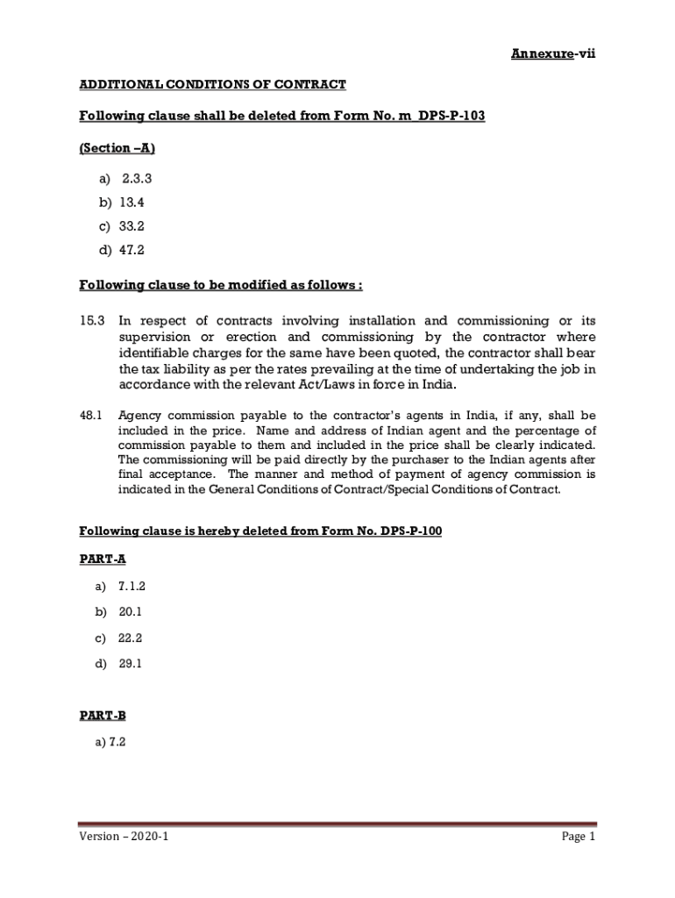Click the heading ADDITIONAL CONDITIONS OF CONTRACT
pyautogui.click(x=213, y=84)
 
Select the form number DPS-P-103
pyautogui.click(x=450, y=117)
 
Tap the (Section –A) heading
pyautogui.click(x=110, y=148)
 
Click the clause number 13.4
pyautogui.click(x=131, y=203)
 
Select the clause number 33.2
pyautogui.click(x=131, y=226)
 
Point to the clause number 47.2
pyautogui.click(x=131, y=250)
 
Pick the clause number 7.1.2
pyautogui.click(x=133, y=585)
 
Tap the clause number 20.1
pyautogui.click(x=130, y=611)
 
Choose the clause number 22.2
pyautogui.click(x=130, y=638)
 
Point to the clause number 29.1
pyautogui.click(x=130, y=664)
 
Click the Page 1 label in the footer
pyautogui.click(x=579, y=837)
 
